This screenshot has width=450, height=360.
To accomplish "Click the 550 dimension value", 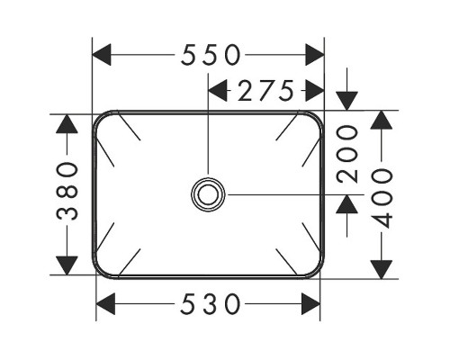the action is (x=211, y=55).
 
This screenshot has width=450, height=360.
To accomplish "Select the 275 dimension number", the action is (x=265, y=90).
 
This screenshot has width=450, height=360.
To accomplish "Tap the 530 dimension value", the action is (x=211, y=304).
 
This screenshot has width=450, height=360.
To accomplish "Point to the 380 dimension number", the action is (x=67, y=191).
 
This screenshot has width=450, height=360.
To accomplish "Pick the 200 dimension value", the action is (x=347, y=154).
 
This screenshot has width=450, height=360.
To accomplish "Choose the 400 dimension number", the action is (x=382, y=198).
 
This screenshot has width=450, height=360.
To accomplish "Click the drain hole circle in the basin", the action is (x=208, y=194).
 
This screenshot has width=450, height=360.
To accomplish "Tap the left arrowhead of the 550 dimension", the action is (x=102, y=55).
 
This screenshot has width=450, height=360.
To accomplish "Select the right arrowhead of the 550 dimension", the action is (x=315, y=55).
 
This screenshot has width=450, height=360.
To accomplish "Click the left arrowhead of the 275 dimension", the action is (x=218, y=90).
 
